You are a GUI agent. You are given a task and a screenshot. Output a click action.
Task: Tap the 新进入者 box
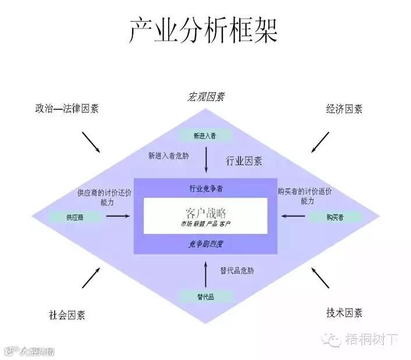[205, 136]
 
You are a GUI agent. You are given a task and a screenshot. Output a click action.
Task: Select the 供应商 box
[79, 217]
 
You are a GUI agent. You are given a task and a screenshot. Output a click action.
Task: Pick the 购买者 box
[334, 217]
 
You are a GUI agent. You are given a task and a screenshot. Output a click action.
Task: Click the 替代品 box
[205, 297]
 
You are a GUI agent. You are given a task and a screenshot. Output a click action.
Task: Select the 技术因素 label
[344, 313]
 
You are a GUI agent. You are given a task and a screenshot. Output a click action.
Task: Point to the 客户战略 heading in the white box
[205, 210]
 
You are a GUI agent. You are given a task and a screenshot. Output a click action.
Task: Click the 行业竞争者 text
[206, 189]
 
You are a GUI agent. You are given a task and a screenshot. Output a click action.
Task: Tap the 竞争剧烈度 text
[206, 243]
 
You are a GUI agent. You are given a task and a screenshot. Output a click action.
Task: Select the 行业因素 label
[243, 161]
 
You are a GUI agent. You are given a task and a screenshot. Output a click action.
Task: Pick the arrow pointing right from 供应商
[119, 217]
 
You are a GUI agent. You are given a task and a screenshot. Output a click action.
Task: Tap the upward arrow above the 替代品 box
[206, 274]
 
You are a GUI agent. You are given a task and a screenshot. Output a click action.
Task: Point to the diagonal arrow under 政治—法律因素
[91, 142]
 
